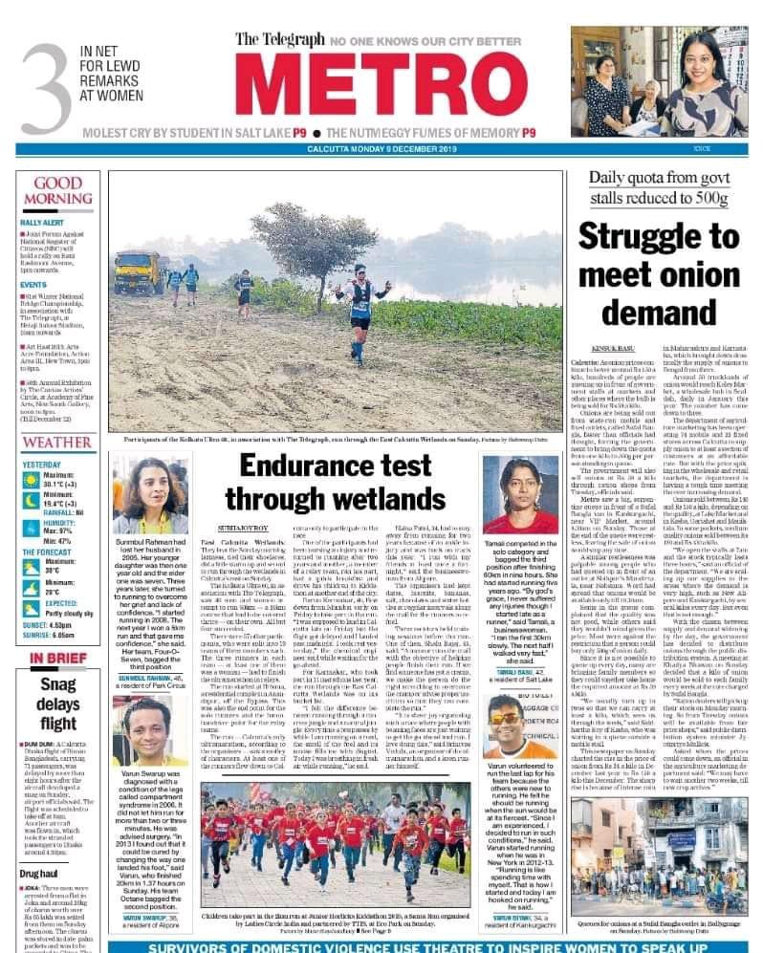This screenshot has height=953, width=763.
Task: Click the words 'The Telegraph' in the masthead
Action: pyautogui.click(x=277, y=40)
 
